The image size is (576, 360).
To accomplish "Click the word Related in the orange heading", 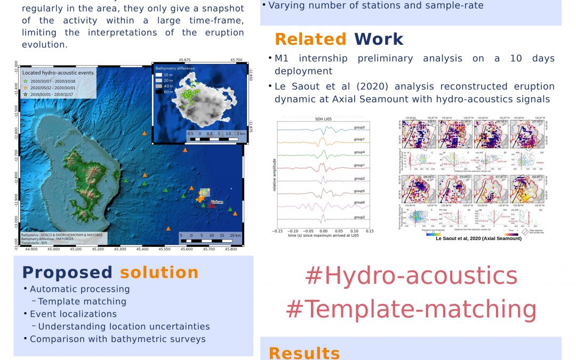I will point(310,39).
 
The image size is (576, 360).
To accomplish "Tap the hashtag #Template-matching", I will point(411,309).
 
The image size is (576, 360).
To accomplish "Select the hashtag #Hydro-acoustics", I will point(411,276).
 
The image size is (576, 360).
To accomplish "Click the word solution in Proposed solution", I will point(159,273).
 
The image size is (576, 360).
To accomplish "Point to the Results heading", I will point(304,353).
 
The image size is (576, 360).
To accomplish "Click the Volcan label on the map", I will point(217,202).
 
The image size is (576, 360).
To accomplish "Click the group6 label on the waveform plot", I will point(359,202).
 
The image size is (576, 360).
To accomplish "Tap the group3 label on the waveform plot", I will point(359,127).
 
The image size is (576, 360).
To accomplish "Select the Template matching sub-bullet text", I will point(82,301).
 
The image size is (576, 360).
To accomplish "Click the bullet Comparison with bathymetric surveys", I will point(117,339).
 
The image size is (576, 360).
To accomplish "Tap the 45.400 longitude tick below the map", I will point(142,248).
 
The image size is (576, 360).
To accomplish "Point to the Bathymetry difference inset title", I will point(174,69).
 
